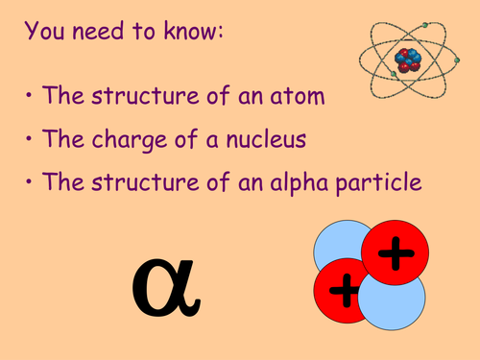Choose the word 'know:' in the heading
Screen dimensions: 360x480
(x=195, y=32)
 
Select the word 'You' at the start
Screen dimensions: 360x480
(x=45, y=32)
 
